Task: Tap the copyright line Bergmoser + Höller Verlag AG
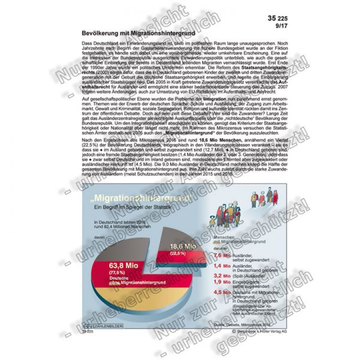click(246, 331)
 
